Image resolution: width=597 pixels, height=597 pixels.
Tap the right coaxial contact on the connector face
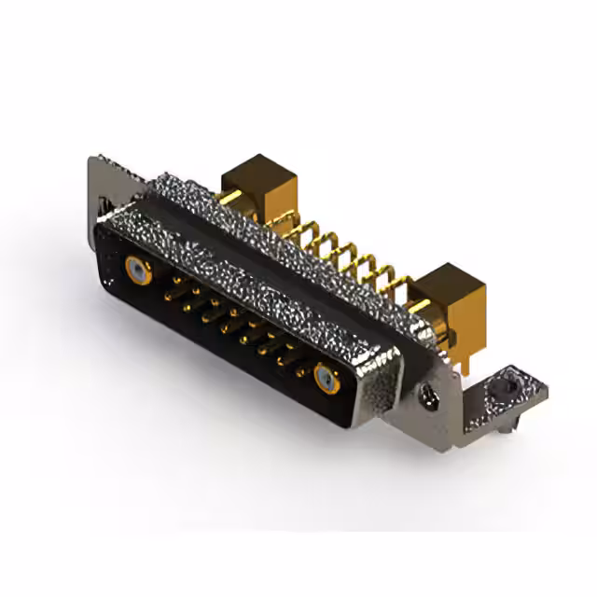pos(326,378)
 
